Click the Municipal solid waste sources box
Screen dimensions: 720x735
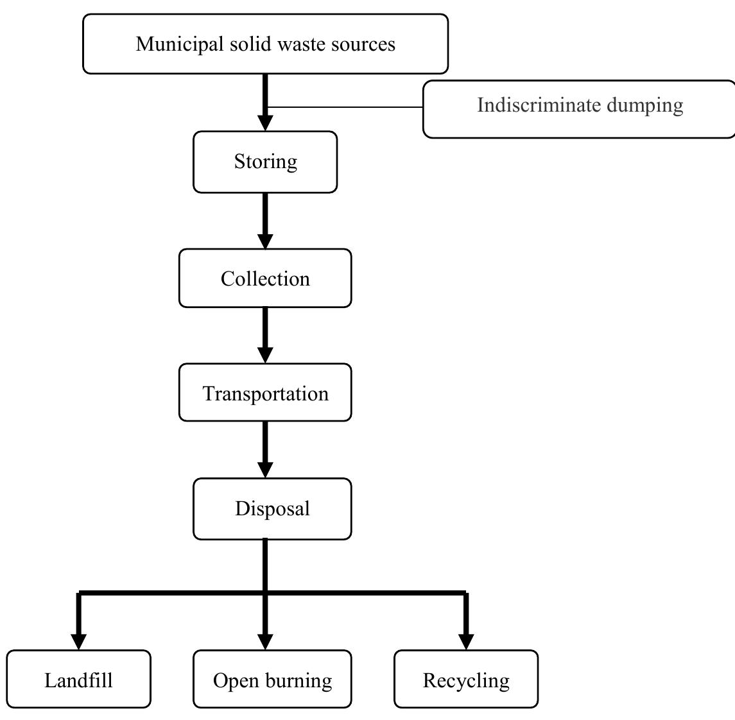tap(265, 44)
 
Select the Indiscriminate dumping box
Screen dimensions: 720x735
tap(579, 108)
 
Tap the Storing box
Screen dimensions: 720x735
tap(265, 162)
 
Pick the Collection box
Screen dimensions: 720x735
tap(265, 279)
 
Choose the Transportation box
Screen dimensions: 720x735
tap(265, 393)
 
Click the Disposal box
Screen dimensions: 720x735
tap(272, 509)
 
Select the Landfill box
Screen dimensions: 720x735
tap(78, 679)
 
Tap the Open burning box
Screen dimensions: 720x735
tap(272, 679)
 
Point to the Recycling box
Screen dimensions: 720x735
tap(466, 679)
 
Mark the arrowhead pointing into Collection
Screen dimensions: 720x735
tap(265, 241)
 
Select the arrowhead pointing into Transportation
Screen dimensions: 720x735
tap(265, 355)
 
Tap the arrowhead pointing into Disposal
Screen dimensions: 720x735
tap(265, 470)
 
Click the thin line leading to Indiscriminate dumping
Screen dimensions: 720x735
tap(347, 107)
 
